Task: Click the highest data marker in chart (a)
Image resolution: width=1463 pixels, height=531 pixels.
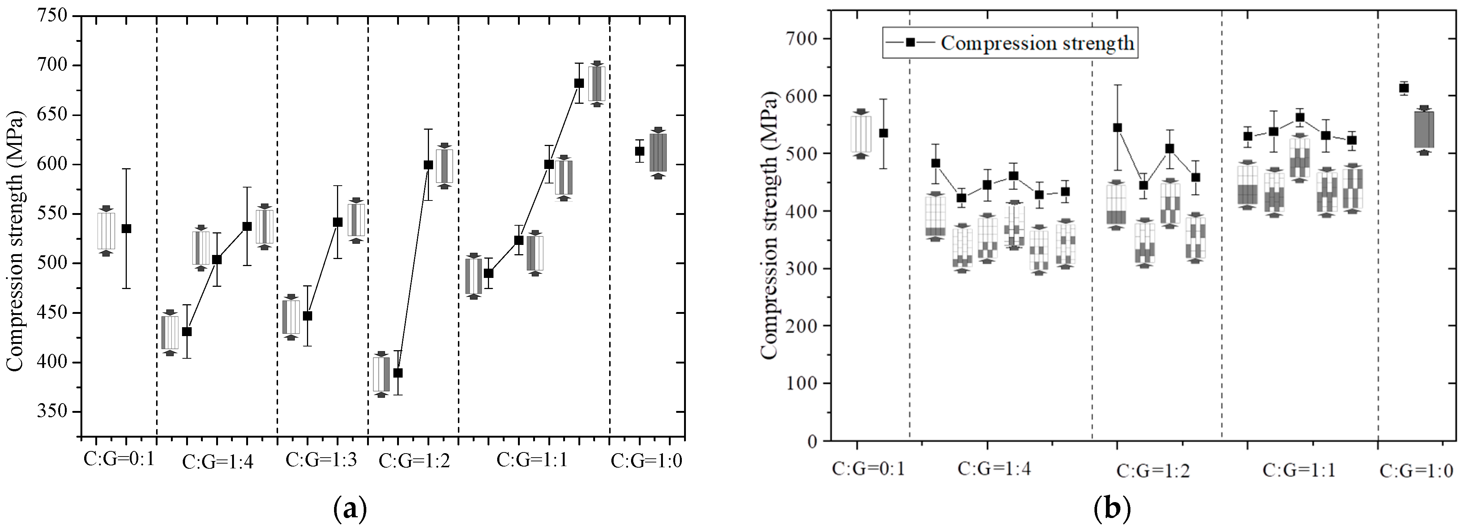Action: click(x=579, y=83)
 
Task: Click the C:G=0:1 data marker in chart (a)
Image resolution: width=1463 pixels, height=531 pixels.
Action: click(x=126, y=228)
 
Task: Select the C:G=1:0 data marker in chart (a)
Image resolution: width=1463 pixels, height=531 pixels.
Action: click(x=640, y=151)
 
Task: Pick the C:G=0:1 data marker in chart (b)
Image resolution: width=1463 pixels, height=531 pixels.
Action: click(x=883, y=133)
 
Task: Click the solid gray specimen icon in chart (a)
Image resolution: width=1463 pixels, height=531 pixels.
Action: click(x=658, y=152)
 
